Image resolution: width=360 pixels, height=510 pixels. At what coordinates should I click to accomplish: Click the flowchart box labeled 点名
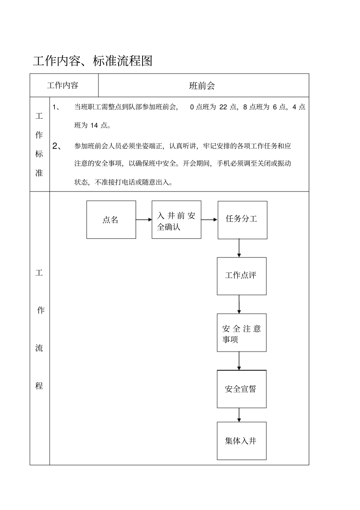pos(111,220)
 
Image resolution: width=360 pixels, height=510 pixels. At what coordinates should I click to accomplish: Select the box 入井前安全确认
pos(176,220)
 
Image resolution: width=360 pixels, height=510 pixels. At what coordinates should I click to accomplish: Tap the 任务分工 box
pos(242,220)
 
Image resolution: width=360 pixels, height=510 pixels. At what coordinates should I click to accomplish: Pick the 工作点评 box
pos(241,276)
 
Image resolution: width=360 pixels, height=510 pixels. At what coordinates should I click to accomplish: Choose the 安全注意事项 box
pos(241,333)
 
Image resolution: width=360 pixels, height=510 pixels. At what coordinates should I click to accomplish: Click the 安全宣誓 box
pos(241,389)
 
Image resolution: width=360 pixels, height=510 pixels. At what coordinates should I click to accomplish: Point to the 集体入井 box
pos(241,441)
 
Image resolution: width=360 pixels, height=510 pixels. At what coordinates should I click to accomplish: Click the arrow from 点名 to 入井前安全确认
pos(144,220)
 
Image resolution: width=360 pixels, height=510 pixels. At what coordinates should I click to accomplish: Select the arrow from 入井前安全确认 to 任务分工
pos(209,220)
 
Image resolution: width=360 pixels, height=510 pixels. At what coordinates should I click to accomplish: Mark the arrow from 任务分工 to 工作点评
pos(239,248)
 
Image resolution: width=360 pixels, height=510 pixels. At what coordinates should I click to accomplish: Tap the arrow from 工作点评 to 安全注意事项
pos(239,304)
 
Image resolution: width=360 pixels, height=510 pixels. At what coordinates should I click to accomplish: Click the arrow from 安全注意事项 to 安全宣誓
pos(239,361)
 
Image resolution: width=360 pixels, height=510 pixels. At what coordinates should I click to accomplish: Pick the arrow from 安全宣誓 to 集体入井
pos(239,415)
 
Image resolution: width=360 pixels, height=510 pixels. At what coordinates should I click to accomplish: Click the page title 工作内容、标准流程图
pos(92,61)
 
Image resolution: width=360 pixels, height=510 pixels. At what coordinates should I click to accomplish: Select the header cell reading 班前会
pos(202,86)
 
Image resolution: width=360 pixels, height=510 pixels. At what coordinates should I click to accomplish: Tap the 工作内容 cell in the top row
pos(63,85)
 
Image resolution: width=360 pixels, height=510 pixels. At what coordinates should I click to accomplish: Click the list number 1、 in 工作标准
pos(56,107)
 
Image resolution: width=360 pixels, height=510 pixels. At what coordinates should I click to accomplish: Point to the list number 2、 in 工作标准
pos(57,146)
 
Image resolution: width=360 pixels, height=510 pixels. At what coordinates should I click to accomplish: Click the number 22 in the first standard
pos(223,107)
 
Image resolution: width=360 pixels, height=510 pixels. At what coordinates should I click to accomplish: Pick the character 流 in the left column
pos(39,348)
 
